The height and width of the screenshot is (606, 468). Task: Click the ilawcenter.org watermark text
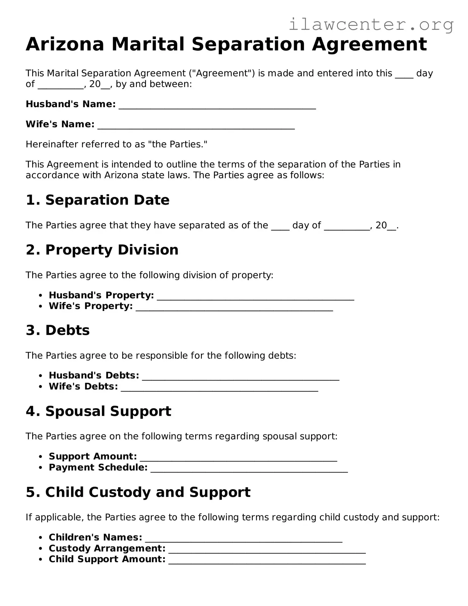tap(371, 25)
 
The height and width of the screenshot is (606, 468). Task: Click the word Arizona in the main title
tap(65, 44)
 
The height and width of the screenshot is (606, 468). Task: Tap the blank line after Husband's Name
tap(217, 106)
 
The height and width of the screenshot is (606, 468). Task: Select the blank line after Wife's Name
tap(196, 126)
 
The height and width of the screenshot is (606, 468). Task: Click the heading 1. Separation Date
tap(98, 200)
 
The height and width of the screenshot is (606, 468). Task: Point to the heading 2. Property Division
tap(102, 250)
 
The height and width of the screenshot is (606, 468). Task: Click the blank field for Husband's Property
tap(255, 297)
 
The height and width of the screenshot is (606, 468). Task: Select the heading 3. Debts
tap(58, 330)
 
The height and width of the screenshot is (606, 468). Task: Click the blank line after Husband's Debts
tap(240, 377)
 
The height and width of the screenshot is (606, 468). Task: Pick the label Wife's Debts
tap(83, 386)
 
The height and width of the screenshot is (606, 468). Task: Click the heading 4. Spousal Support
tap(99, 411)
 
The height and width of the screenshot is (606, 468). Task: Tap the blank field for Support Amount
tap(238, 458)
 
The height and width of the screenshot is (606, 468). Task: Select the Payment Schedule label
tap(98, 467)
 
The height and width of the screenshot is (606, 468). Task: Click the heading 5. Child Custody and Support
tap(138, 492)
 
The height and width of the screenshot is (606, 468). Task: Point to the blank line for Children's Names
tap(244, 539)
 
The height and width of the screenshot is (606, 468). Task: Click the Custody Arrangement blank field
tap(267, 550)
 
